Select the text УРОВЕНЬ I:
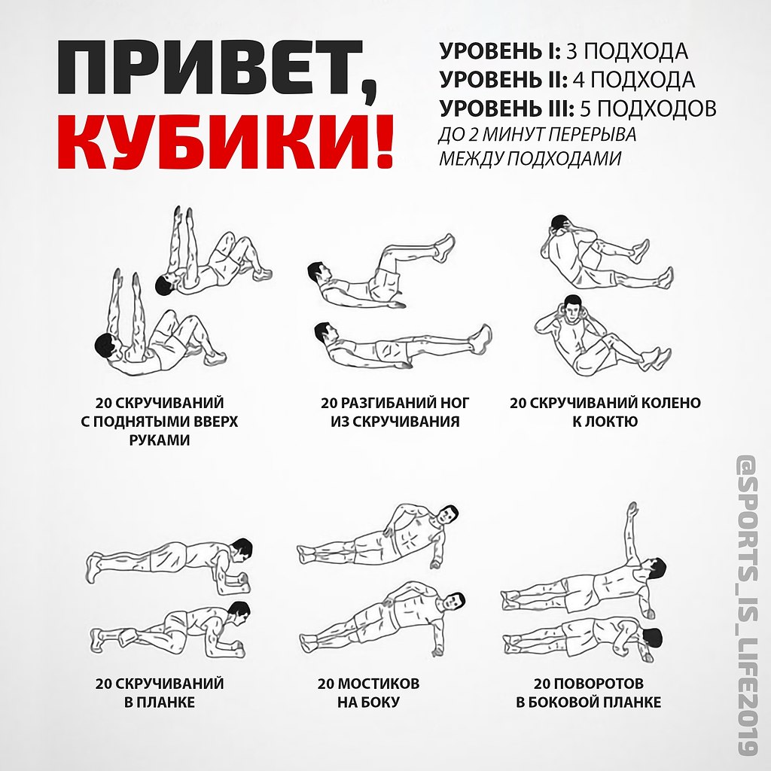500,51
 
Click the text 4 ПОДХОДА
634,79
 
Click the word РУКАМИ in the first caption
160,440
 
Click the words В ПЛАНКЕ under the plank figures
160,702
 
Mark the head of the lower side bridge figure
455,602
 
